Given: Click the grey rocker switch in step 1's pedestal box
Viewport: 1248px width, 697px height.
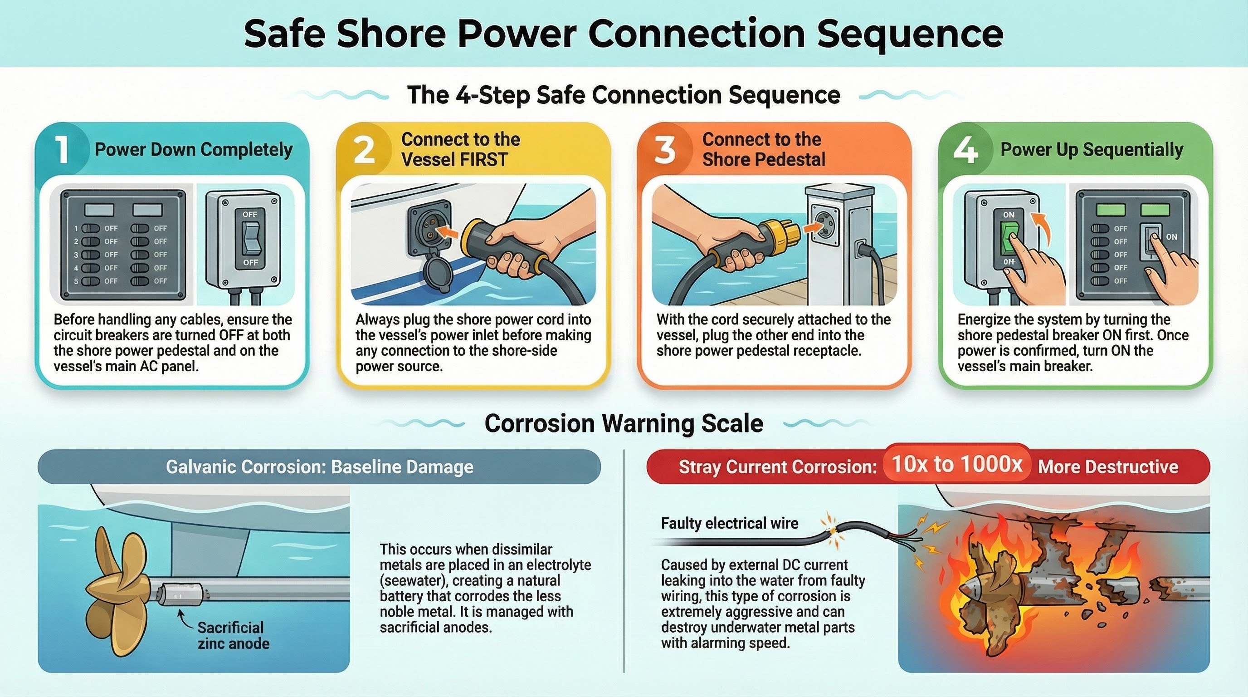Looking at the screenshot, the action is (x=250, y=239).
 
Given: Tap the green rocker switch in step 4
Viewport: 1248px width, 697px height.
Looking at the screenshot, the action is (x=1008, y=239).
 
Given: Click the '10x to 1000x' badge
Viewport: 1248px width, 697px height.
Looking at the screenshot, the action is (x=957, y=464).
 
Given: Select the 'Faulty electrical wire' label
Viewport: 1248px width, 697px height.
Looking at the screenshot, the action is (x=729, y=524).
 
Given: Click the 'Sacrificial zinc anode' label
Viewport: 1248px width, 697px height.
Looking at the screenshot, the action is (x=233, y=635).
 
